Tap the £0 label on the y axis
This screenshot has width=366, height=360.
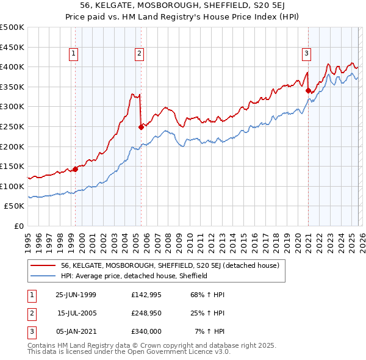[19, 226]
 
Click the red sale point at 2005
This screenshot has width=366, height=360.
[141, 127]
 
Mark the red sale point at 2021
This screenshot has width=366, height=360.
[308, 91]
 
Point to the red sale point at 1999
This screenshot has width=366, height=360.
[76, 169]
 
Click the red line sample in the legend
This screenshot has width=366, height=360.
[43, 265]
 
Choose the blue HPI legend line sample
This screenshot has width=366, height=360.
[43, 276]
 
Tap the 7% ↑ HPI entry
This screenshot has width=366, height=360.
[210, 331]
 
